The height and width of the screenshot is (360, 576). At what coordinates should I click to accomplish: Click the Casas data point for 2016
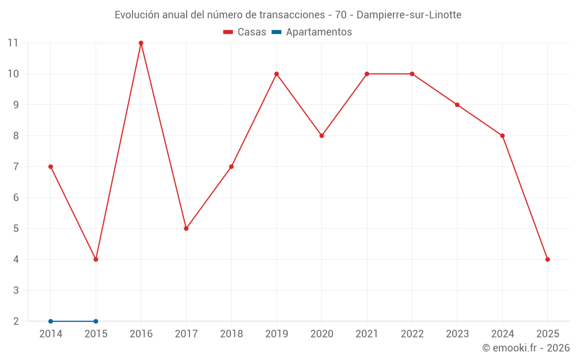coord(141,43)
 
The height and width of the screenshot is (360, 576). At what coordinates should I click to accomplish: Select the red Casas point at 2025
coord(547,259)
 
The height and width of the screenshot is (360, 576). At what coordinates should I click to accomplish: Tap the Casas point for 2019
coord(276,74)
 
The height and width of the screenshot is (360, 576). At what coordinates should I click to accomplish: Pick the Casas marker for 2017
coord(186,229)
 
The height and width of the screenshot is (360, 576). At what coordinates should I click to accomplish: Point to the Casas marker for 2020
coord(321,136)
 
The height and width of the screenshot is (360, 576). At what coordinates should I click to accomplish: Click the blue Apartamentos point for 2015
coord(96,321)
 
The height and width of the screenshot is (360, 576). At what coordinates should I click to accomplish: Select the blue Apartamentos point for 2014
coord(51,321)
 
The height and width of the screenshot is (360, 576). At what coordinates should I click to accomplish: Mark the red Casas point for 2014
coord(51,167)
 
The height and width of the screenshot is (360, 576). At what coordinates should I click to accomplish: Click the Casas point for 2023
coord(457,105)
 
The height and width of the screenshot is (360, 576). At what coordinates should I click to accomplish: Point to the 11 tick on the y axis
coord(13,43)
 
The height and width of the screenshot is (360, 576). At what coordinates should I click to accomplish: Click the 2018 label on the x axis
coord(231,334)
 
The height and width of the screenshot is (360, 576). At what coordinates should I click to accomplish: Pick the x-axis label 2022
coord(412,334)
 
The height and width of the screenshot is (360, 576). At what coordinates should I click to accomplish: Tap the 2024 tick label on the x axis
coord(502,334)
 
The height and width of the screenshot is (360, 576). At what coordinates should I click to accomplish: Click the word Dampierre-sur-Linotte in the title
coord(409,15)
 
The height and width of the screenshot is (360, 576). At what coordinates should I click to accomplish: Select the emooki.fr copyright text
coord(526,348)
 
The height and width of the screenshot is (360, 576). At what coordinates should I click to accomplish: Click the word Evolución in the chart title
coord(137,15)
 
